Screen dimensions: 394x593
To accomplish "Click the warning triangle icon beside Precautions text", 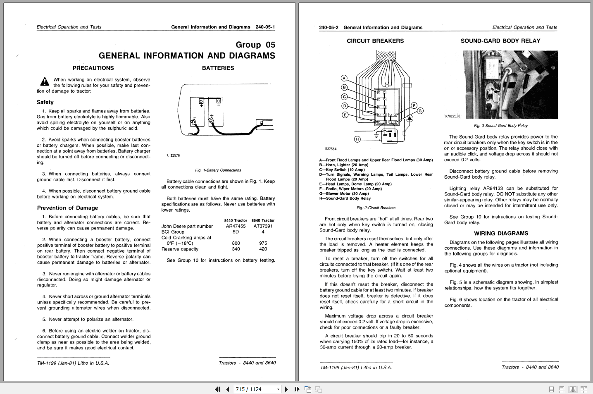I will (45, 82).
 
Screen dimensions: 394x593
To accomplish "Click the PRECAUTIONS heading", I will (93, 68).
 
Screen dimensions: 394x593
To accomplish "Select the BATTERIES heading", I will (218, 68).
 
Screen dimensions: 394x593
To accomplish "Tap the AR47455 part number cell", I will (236, 226).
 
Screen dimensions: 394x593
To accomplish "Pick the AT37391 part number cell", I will (263, 226).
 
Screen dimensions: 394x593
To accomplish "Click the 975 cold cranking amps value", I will (263, 243).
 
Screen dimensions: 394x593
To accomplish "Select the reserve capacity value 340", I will (236, 249).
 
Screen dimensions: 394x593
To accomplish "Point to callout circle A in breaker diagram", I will (344, 78).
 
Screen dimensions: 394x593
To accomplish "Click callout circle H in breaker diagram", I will (357, 139).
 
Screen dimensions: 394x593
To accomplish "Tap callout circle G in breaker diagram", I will (420, 111).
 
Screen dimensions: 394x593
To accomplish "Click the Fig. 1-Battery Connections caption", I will (218, 170).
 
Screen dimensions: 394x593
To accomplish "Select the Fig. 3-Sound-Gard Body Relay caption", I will (500, 126).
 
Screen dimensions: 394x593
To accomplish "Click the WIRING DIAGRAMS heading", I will (501, 234).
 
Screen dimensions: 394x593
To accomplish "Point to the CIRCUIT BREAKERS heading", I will (375, 41).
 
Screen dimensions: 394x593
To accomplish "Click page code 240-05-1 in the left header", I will (265, 27).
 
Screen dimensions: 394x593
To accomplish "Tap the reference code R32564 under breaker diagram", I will (331, 149).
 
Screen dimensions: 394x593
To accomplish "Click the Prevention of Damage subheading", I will (67, 208).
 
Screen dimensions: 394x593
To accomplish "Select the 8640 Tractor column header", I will (263, 220).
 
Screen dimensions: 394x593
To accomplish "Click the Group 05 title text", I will (255, 45).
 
